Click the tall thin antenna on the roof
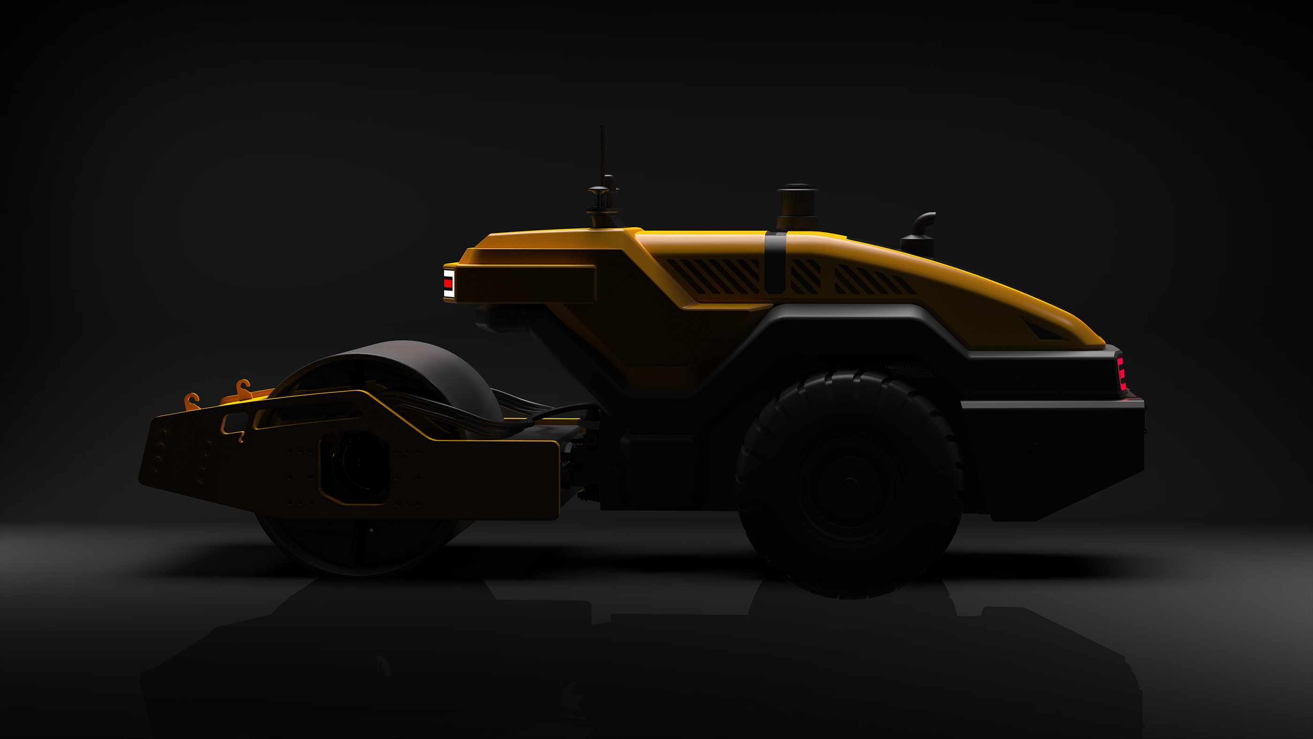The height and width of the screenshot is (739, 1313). click(x=602, y=153)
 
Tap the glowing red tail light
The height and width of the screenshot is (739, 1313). click(x=1121, y=373)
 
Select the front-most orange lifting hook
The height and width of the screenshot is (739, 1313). click(x=192, y=401)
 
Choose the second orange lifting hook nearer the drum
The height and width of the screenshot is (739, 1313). click(x=242, y=389)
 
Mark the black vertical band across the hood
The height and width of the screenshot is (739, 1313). click(x=775, y=263)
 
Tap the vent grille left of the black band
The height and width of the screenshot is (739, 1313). click(x=714, y=276)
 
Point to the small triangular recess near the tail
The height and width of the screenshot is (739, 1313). click(x=1042, y=330)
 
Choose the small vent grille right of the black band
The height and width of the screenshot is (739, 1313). click(x=805, y=276)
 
